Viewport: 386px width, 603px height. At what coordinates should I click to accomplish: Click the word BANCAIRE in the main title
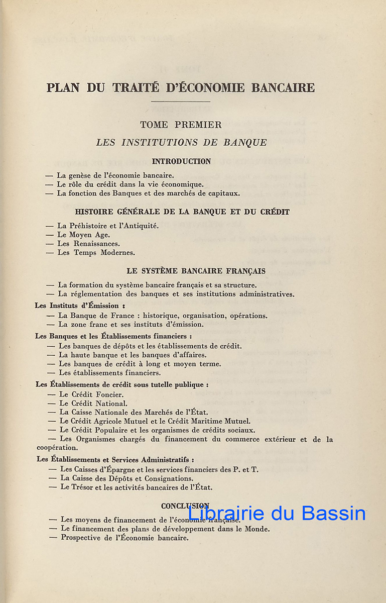click(x=283, y=87)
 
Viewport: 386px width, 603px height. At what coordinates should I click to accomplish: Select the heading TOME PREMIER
click(x=181, y=125)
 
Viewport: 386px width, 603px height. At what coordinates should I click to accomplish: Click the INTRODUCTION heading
click(x=181, y=162)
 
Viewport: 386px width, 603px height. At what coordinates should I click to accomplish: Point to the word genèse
click(x=81, y=175)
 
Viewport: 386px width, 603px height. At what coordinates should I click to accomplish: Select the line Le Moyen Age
click(x=83, y=235)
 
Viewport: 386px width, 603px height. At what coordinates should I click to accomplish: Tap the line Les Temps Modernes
click(x=96, y=253)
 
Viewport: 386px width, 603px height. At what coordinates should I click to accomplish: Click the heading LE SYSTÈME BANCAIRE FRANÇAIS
click(x=196, y=271)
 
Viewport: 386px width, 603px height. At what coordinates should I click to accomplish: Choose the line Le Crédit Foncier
click(x=91, y=394)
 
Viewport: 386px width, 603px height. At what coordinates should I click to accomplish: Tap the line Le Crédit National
click(x=93, y=403)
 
